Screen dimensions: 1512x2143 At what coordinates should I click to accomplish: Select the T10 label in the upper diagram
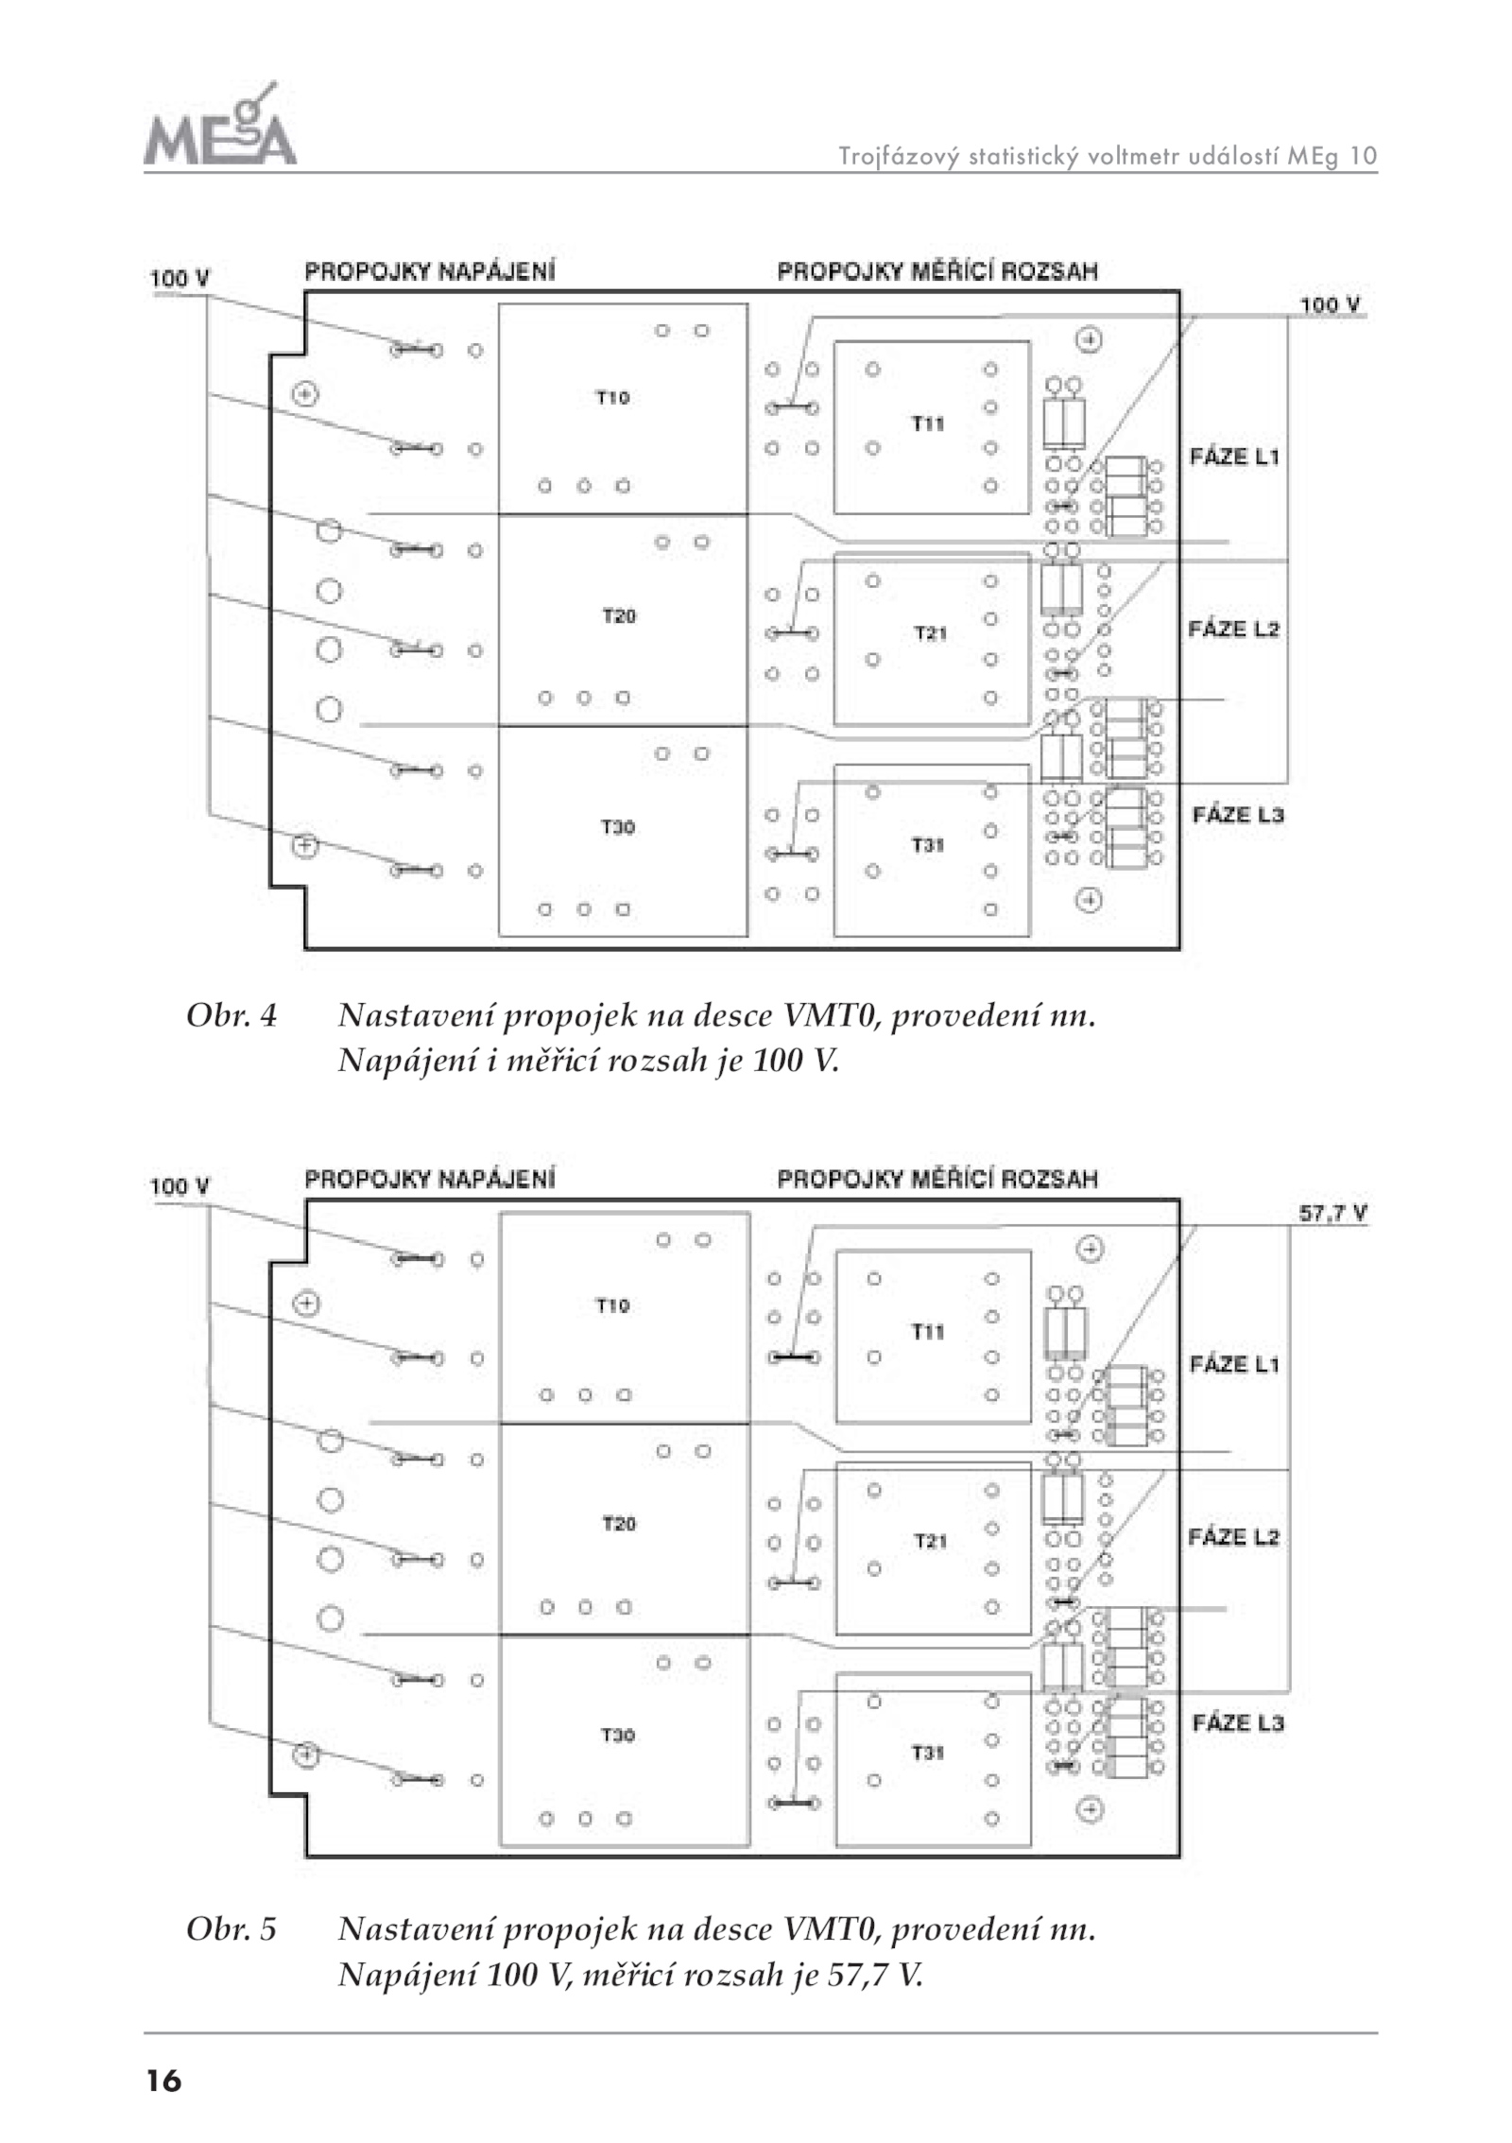coord(612,398)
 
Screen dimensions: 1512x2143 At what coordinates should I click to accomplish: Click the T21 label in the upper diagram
coord(930,633)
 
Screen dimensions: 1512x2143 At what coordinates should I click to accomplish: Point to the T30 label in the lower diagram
coord(618,1735)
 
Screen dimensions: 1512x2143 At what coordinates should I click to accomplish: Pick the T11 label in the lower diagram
coord(928,1332)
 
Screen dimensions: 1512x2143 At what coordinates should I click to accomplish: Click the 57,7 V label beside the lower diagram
coord(1332,1214)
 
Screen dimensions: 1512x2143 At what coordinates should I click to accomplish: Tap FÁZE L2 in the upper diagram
coord(1234,630)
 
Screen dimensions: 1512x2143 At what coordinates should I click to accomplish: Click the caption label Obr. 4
coord(232,1016)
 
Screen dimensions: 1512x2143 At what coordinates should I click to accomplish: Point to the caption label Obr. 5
coord(232,1928)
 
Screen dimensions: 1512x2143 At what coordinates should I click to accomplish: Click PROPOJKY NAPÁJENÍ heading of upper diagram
coord(430,271)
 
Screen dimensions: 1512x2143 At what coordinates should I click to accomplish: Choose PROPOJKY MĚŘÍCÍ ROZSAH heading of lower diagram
coord(937,1179)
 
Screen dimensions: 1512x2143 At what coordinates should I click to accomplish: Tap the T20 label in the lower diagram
coord(619,1523)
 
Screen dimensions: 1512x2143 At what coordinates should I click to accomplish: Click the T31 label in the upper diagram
coord(928,845)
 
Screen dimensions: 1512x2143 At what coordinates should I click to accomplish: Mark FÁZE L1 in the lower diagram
coord(1234,1364)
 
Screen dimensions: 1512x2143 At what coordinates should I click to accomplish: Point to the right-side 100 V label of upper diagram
coord(1330,304)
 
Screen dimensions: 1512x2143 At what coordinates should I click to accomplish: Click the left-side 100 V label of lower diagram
coord(180,1186)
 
